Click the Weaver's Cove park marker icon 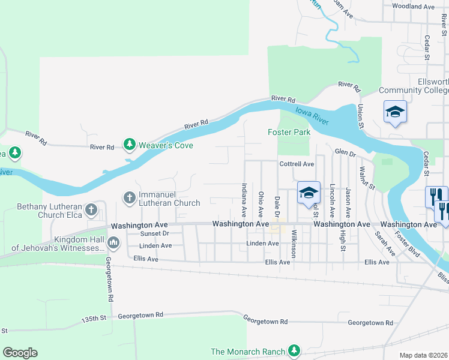coord(129,145)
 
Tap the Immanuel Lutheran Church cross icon coord(129,197)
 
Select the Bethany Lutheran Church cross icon coord(91,210)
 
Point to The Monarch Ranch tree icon coord(294,350)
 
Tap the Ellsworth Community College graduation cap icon coord(395,112)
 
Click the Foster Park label coord(289,132)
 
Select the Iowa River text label coord(312,115)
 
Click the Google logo coord(20,353)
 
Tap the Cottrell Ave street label coord(297,164)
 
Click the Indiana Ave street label coord(244,200)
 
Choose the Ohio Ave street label coord(261,204)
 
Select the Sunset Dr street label coord(155,234)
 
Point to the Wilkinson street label coord(294,244)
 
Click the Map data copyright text coord(424,355)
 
